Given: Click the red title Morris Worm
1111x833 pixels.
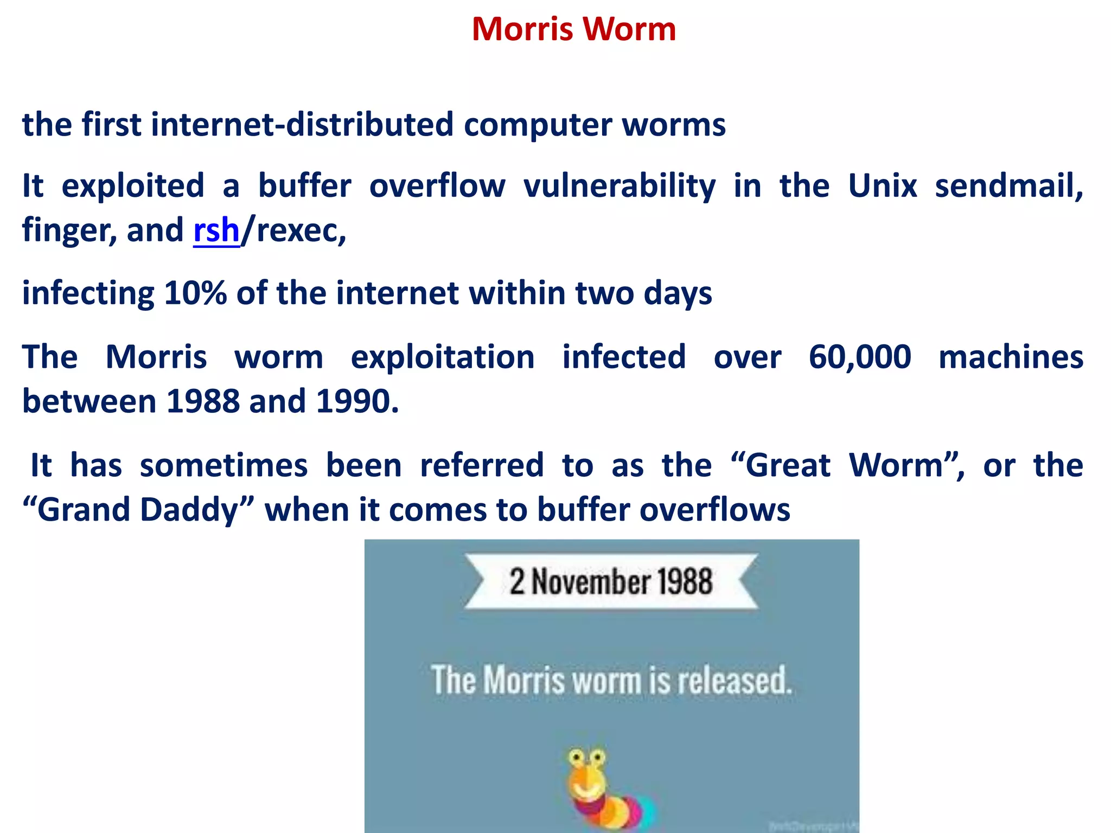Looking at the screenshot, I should pyautogui.click(x=573, y=29).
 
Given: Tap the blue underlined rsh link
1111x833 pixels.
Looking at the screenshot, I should pyautogui.click(x=216, y=230).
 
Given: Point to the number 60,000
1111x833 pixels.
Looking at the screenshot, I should pyautogui.click(x=859, y=357).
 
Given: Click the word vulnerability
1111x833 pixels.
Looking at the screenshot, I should pyautogui.click(x=619, y=186).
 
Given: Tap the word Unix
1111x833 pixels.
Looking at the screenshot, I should pyautogui.click(x=882, y=186).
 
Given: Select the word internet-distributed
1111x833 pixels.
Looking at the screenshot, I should pyautogui.click(x=302, y=125).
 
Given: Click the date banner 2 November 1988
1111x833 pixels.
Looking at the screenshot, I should pyautogui.click(x=611, y=581).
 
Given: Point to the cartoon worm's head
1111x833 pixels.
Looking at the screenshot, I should pyautogui.click(x=586, y=771).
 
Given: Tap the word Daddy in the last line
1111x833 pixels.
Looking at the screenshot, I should pyautogui.click(x=190, y=510).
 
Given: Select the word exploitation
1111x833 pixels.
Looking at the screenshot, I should pyautogui.click(x=443, y=357).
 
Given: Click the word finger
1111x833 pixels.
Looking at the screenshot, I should pyautogui.click(x=68, y=230).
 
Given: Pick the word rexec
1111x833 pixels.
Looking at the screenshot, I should pyautogui.click(x=299, y=230).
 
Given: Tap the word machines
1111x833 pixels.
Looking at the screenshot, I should pyautogui.click(x=1011, y=357).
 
